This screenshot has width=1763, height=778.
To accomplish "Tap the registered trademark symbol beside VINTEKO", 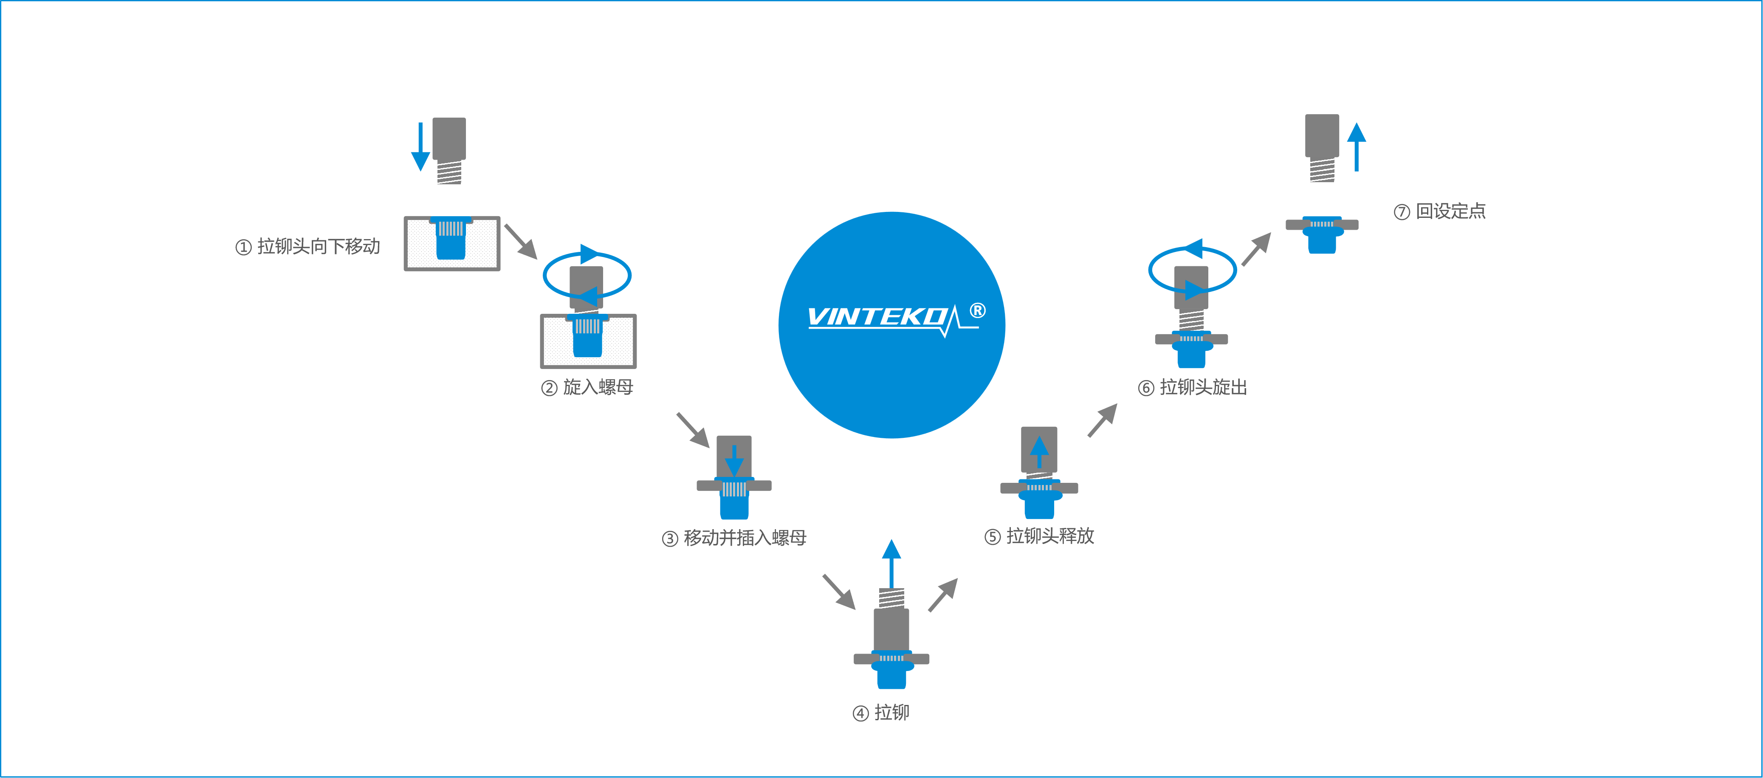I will (x=978, y=311).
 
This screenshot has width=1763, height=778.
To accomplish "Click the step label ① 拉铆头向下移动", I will (x=308, y=246).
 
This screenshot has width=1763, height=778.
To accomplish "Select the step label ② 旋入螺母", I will (x=587, y=387).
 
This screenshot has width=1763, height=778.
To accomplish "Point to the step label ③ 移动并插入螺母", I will (x=734, y=538).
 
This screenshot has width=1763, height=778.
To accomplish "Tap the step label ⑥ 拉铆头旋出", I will (x=1192, y=387).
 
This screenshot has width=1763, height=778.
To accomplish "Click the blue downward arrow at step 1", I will (x=420, y=147).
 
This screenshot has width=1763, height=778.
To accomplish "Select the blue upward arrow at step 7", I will (x=1357, y=147).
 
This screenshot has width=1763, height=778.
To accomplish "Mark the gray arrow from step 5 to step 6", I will (x=1102, y=420).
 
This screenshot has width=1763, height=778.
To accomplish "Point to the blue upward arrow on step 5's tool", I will (x=1039, y=451).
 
